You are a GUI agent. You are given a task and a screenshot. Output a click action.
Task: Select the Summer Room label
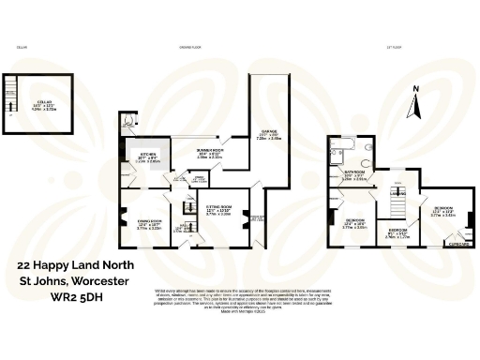(208, 154)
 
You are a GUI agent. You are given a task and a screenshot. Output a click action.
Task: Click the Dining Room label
(150, 223)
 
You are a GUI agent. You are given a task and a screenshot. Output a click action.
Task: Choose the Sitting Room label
(218, 211)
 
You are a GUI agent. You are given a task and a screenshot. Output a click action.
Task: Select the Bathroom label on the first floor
(353, 175)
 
